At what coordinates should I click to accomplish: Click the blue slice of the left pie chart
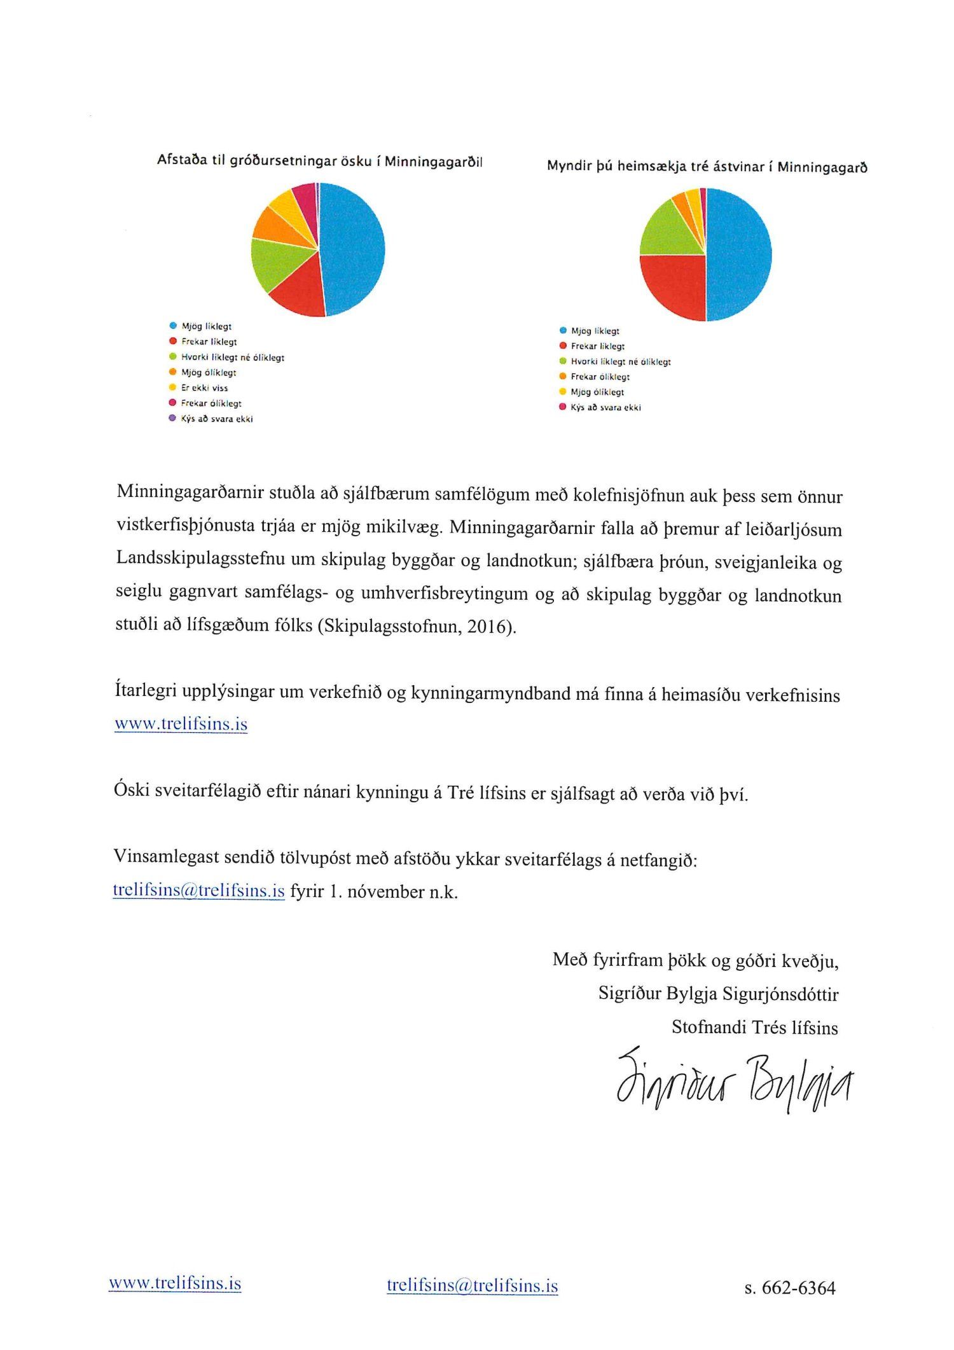(x=353, y=248)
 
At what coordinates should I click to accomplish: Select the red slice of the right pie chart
(x=674, y=286)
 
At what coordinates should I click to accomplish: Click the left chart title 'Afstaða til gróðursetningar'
(x=319, y=161)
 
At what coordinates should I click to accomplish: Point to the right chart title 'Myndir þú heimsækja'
(x=707, y=167)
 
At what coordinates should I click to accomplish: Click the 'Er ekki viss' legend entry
(x=204, y=388)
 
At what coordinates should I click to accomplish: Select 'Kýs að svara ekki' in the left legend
(x=216, y=419)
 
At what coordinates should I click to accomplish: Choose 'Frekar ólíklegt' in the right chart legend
(x=600, y=377)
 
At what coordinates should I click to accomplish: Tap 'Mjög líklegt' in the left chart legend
(x=206, y=326)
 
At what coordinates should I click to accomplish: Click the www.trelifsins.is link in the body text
(x=181, y=724)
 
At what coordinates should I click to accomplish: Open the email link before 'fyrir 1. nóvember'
(x=198, y=891)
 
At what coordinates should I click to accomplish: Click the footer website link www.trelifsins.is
(x=175, y=1283)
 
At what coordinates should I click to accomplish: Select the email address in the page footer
(x=472, y=1286)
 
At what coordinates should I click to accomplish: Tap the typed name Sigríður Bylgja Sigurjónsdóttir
(x=718, y=994)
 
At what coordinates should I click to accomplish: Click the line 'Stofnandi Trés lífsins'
(x=754, y=1027)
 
